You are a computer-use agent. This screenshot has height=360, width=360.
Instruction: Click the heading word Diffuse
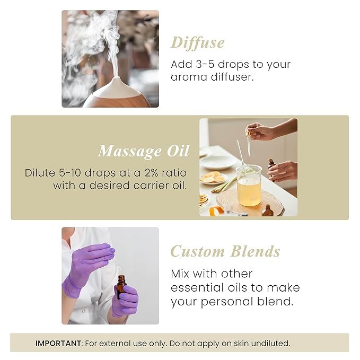click(x=197, y=43)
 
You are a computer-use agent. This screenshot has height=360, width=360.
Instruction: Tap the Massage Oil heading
click(x=143, y=151)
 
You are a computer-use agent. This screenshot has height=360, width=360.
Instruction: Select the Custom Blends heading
click(x=225, y=251)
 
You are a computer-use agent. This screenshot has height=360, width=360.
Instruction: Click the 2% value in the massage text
click(x=148, y=173)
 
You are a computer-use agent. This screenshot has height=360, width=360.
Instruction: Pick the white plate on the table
click(x=218, y=162)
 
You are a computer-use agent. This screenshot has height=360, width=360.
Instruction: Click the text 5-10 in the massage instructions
click(x=67, y=173)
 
